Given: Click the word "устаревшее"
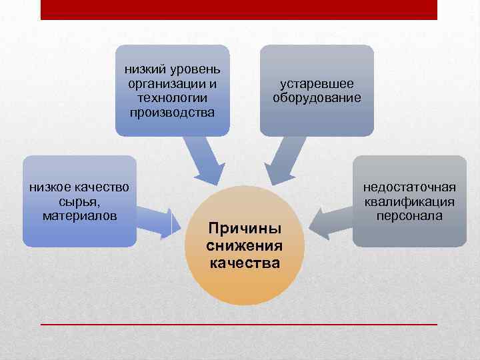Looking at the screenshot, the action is coord(317,85).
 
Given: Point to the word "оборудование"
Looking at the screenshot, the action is coord(317,98).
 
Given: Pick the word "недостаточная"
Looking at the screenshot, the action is coord(409,188).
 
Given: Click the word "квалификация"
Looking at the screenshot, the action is coord(409,202).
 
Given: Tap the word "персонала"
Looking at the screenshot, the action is coord(409,215).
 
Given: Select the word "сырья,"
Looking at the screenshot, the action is coord(79,202).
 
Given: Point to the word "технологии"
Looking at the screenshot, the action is coord(173,98).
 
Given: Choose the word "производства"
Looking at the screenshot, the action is coord(173,111).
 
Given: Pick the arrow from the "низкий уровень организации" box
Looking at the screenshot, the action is coord(204,160).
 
